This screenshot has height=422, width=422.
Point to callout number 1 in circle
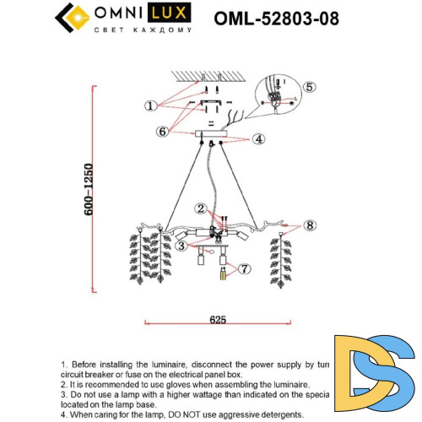(x=149, y=105)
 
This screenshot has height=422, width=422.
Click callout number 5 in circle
(x=309, y=86)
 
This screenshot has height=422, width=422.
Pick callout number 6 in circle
(x=163, y=132)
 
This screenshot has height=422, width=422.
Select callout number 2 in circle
(x=200, y=208)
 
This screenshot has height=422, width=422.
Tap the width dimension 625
(x=217, y=320)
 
